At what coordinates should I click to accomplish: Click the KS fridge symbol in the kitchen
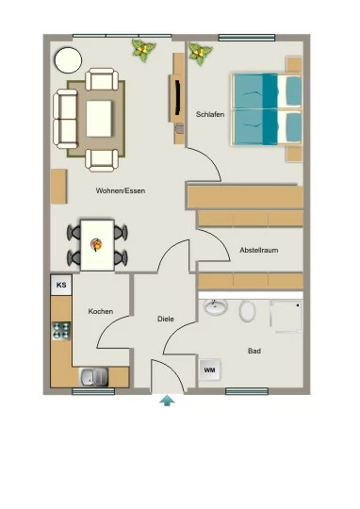point(61,285)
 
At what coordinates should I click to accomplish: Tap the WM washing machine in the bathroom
point(210,369)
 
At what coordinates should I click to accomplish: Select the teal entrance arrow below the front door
point(167,401)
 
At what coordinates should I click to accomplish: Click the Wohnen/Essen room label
point(121,190)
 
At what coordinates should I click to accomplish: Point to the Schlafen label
point(210,114)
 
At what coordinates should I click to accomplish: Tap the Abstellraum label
point(259,250)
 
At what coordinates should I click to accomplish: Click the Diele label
point(166,319)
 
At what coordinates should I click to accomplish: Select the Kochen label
point(101,311)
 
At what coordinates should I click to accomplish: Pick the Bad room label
point(254,351)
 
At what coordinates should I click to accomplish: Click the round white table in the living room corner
point(68,60)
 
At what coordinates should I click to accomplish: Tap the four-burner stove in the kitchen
point(61,331)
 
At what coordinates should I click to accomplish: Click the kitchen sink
point(94,377)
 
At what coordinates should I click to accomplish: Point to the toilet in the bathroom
point(247,311)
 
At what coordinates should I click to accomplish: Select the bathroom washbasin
point(216,306)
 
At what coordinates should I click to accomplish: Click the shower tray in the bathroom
point(286,317)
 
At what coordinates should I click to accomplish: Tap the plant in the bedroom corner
point(201,54)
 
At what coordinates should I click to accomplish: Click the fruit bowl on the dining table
point(96,244)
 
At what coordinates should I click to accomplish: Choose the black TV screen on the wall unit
point(177,97)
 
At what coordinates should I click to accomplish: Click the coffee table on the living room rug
point(99,118)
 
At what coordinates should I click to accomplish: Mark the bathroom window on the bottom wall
point(247,391)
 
